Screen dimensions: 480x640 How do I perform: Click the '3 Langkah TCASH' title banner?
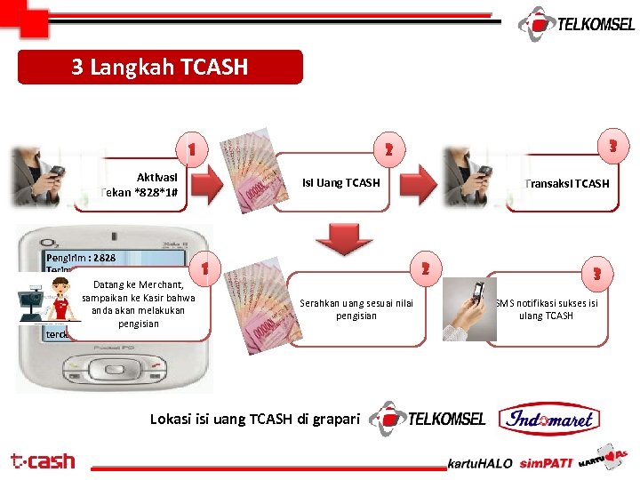[160, 68]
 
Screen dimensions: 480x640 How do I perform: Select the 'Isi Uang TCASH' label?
[340, 183]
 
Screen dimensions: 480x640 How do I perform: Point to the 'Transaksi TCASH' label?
[567, 184]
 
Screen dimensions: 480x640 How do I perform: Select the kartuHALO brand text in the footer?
[479, 464]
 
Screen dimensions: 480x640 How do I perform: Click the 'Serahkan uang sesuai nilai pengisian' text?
[356, 309]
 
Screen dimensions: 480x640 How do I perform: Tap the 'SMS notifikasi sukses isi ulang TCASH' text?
[546, 309]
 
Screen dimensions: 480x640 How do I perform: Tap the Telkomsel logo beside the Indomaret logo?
[428, 419]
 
